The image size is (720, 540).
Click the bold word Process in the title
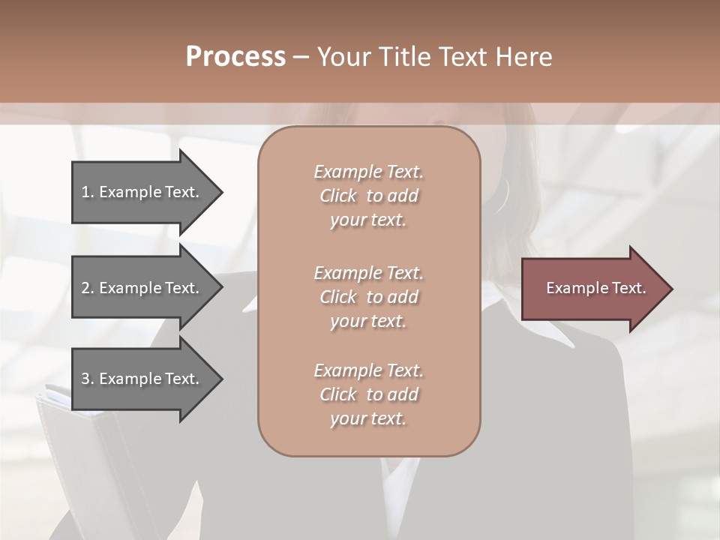point(235,57)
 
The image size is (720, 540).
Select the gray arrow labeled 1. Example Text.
point(142,192)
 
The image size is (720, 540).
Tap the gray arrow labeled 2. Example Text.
point(142,288)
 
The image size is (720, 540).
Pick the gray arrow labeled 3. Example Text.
point(142,379)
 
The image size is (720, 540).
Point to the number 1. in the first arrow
point(88,192)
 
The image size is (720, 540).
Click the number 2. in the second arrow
point(88,288)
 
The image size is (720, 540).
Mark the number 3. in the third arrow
point(88,379)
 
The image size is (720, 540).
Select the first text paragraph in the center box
point(368,196)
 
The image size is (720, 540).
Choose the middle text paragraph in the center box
point(368,297)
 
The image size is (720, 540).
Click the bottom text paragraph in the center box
point(368,394)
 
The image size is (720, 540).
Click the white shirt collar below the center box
point(397,480)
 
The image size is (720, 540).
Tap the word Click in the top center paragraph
point(338,196)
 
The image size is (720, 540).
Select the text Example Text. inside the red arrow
point(595,288)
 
